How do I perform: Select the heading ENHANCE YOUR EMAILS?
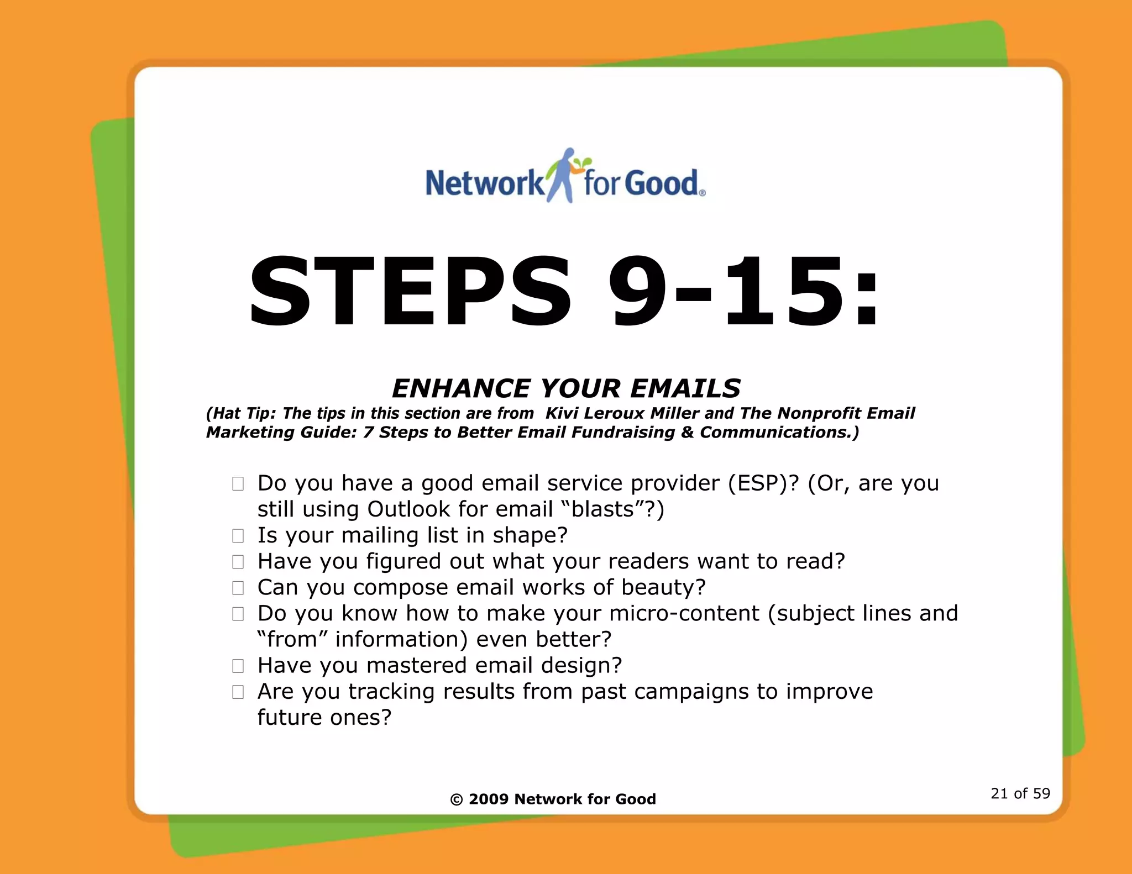tap(566, 388)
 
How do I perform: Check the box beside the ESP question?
tap(238, 484)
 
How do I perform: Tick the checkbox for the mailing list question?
tap(238, 536)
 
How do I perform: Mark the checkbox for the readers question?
tap(238, 562)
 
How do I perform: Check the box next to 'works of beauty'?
tap(238, 588)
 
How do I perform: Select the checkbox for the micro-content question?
tap(238, 614)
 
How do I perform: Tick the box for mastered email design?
tap(238, 666)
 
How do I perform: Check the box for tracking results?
tap(238, 692)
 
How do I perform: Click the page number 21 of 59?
tap(1020, 794)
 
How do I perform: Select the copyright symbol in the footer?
tap(457, 800)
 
